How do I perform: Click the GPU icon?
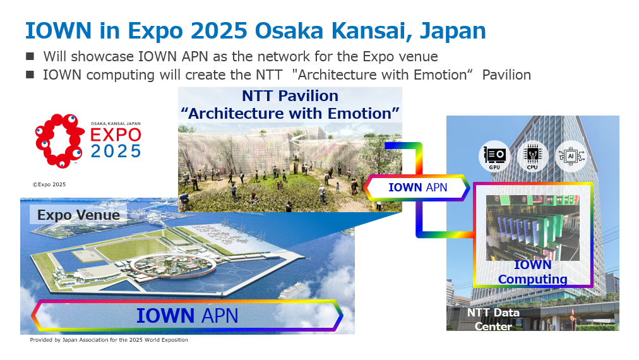(494, 156)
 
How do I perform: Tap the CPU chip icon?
(532, 156)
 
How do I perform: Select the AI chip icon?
(571, 156)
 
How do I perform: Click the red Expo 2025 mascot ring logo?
(59, 141)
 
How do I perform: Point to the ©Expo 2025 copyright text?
(49, 184)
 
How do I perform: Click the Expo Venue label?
(78, 215)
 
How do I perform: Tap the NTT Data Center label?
(493, 319)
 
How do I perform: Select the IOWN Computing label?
(532, 272)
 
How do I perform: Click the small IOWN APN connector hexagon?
(417, 188)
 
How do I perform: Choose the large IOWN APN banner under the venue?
(187, 316)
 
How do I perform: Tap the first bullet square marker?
(30, 56)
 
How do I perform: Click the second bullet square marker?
(30, 75)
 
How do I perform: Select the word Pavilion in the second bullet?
(506, 75)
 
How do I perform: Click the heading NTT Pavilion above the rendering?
(290, 96)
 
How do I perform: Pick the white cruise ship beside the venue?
(290, 291)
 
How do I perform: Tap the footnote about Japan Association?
(109, 340)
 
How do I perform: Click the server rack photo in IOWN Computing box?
(532, 228)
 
